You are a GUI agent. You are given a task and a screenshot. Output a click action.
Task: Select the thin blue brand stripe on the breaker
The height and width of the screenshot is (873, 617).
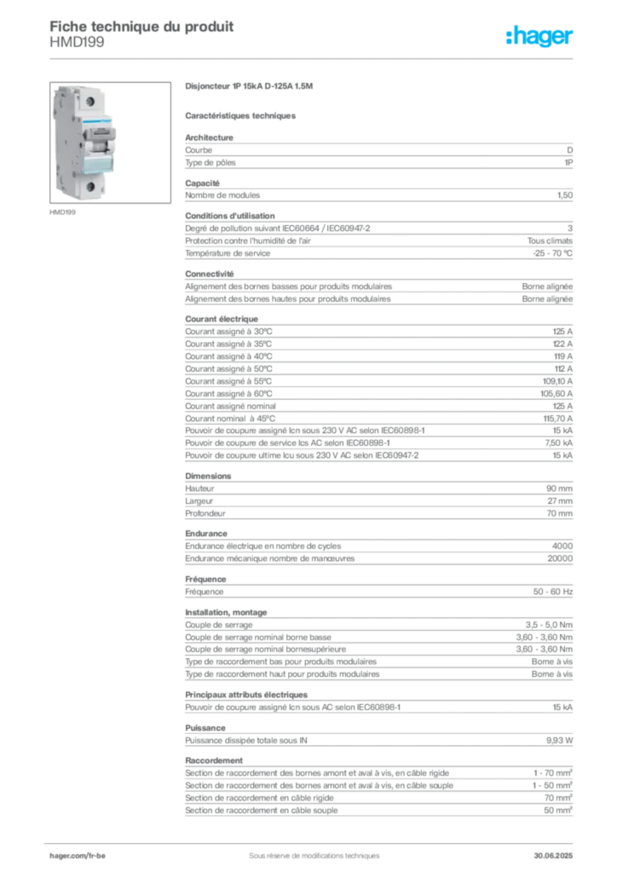pyautogui.click(x=96, y=125)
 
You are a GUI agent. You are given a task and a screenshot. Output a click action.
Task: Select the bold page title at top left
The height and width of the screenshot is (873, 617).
pyautogui.click(x=141, y=26)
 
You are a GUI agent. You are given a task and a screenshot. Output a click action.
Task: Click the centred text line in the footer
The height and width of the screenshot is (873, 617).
pyautogui.click(x=308, y=850)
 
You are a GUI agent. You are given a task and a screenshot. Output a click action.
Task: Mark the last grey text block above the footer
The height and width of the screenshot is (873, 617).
pyautogui.click(x=378, y=789)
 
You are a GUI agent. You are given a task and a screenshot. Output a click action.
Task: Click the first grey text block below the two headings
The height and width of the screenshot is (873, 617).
pyautogui.click(x=378, y=152)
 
